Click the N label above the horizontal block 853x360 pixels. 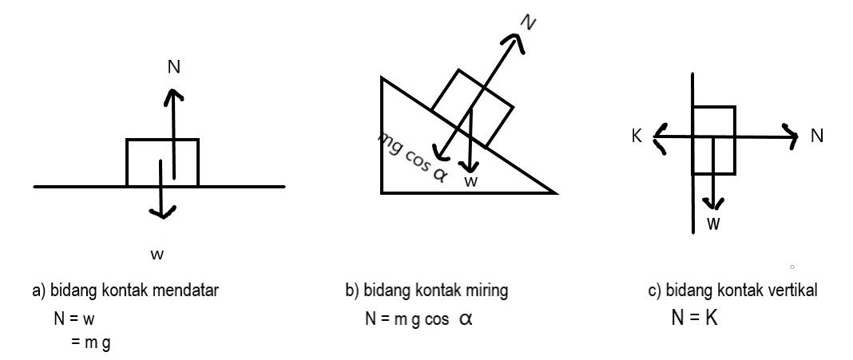point(173,67)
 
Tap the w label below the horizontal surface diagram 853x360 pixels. point(157,255)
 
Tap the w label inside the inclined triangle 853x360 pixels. point(472,182)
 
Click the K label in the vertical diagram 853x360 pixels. point(636,136)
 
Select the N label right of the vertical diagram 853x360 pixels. point(816,136)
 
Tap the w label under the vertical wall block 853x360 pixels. point(713,224)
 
